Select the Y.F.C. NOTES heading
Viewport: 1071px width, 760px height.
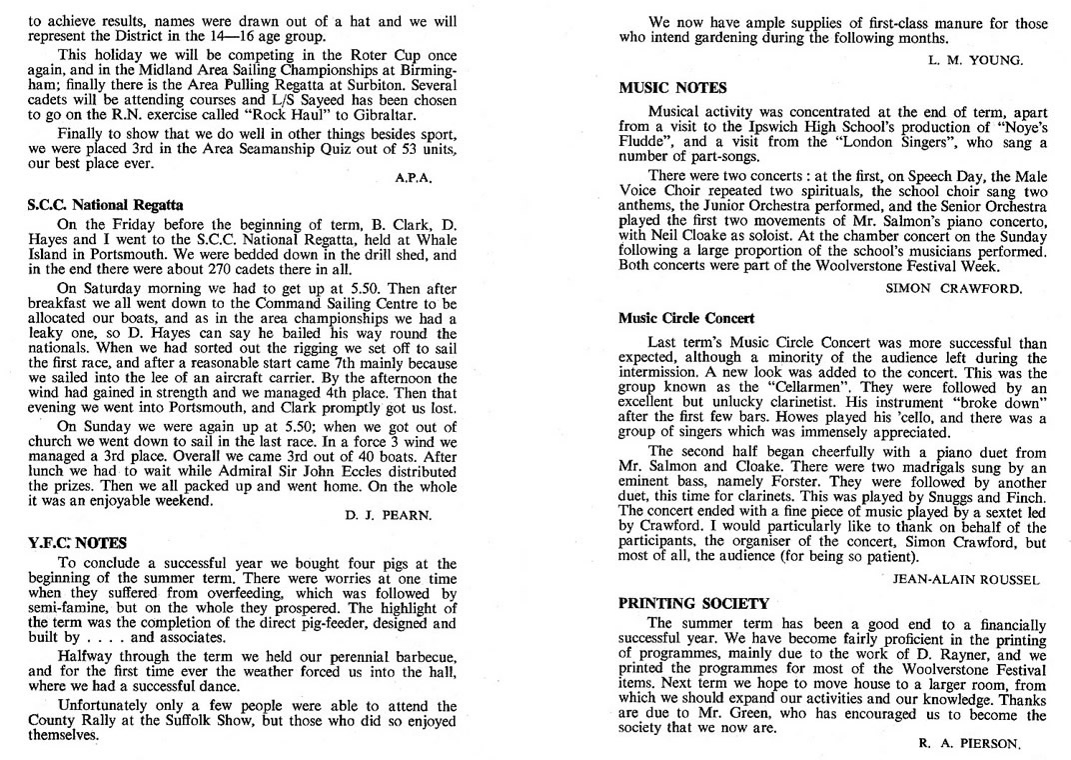click(78, 543)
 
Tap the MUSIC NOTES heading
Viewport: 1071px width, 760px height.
click(672, 88)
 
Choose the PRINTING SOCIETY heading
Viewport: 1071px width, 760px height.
click(693, 604)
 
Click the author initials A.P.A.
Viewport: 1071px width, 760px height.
click(414, 178)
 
